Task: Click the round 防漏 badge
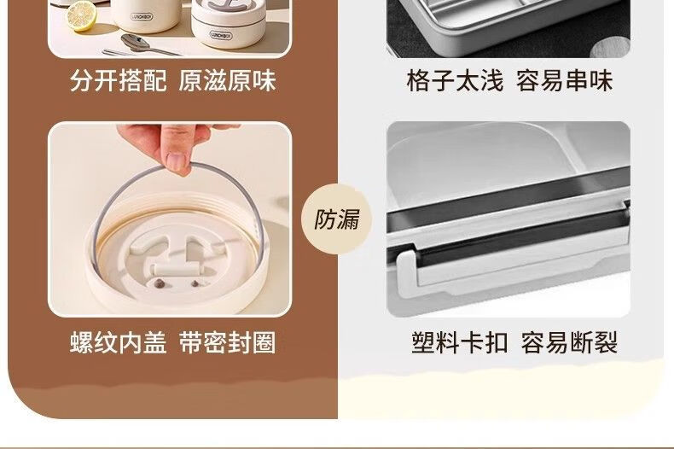(x=336, y=219)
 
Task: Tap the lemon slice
(x=81, y=16)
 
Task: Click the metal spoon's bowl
(x=135, y=42)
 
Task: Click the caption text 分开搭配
(x=119, y=80)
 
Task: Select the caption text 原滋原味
(x=227, y=80)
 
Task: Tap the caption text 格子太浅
(x=455, y=80)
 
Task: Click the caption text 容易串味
(x=565, y=80)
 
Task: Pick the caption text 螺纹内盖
(x=119, y=343)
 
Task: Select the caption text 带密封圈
(x=227, y=343)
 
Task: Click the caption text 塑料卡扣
(x=460, y=343)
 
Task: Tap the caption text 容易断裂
(x=569, y=343)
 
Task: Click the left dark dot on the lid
(x=160, y=283)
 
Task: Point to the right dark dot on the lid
(x=195, y=283)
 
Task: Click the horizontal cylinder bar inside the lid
(x=177, y=271)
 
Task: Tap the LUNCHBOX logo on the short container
(x=221, y=35)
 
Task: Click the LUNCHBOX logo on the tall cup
(x=142, y=18)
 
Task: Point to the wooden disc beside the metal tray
(x=610, y=47)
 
